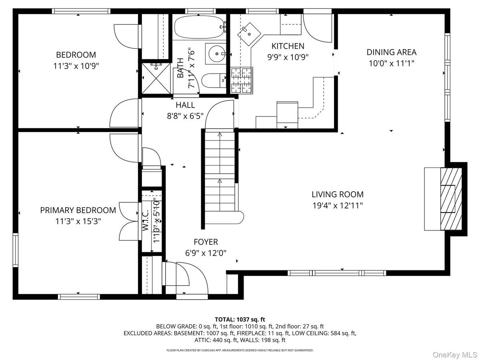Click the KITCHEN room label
point(288,46)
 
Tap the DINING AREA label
point(391,52)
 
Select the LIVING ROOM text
point(338,195)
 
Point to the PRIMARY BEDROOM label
point(78,210)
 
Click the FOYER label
point(206,242)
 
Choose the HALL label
point(185,105)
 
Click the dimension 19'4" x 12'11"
point(338,206)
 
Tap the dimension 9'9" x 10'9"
point(288,57)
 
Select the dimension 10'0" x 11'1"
point(391,63)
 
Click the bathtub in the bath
point(200,26)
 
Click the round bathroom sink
point(216,54)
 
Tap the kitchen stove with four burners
point(242,80)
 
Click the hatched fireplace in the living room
point(451,199)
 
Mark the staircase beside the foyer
point(220,176)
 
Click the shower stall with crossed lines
point(156,78)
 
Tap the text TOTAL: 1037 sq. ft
point(240,319)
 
